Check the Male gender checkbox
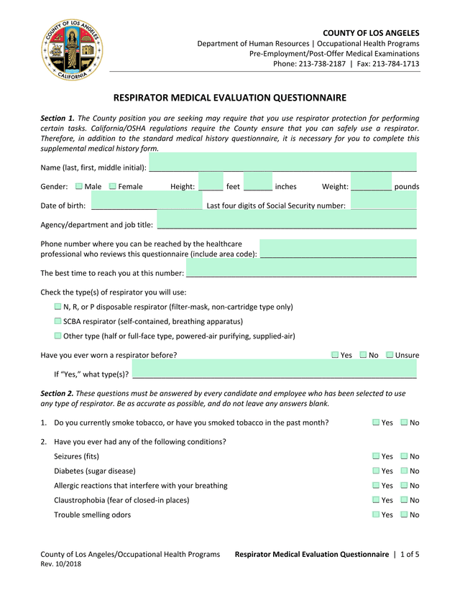79,187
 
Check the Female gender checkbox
113,187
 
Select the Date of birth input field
146,205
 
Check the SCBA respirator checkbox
58,321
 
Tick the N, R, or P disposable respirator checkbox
58,307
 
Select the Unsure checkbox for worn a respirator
390,355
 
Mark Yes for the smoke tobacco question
376,423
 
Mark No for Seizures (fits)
404,456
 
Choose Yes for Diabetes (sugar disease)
376,471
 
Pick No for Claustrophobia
404,500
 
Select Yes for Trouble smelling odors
376,515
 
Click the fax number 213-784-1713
397,64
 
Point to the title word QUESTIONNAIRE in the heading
301,98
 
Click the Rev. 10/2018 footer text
61,564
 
